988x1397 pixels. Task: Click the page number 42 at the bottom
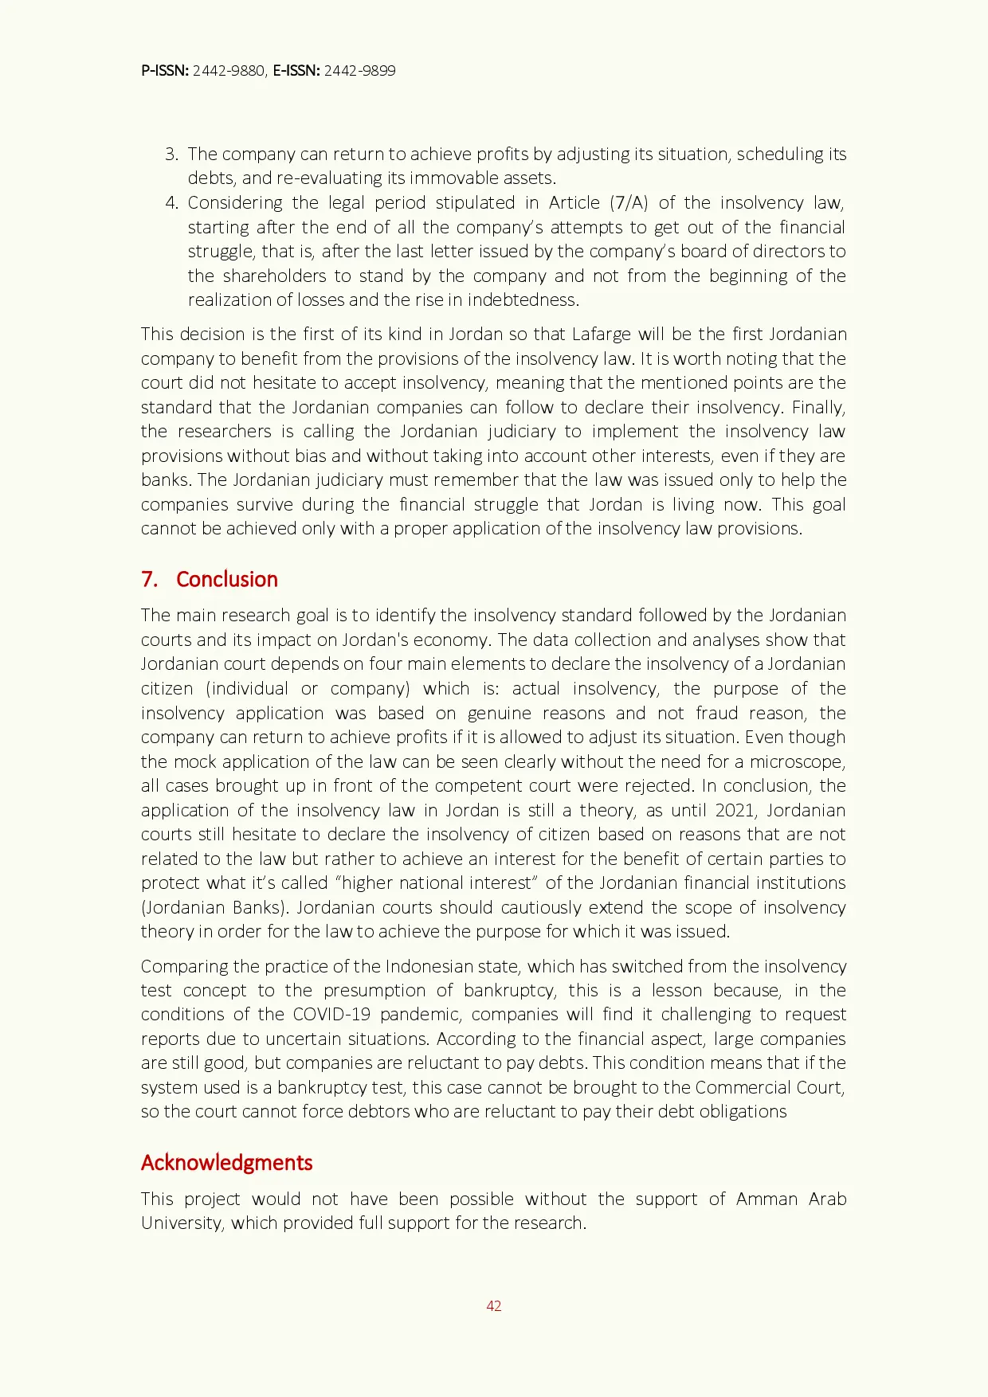[493, 1305]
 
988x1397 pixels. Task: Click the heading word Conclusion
[226, 579]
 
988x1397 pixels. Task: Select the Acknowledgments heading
[226, 1162]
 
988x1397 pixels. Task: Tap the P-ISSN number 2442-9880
[229, 70]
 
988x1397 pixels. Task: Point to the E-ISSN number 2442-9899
[359, 70]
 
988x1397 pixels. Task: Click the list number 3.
[171, 154]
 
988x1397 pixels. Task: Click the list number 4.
[171, 202]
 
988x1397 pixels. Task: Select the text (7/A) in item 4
[629, 202]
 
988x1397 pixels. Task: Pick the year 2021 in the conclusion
[735, 810]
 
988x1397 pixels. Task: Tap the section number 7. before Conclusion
[149, 579]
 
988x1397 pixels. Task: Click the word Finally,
[818, 407]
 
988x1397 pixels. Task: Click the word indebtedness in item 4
[523, 299]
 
